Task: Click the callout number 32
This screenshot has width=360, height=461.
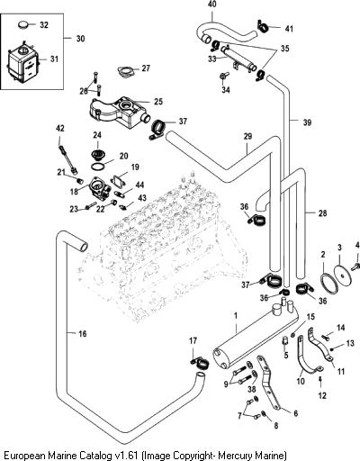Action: [44, 25]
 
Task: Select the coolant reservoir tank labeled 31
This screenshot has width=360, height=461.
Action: [22, 64]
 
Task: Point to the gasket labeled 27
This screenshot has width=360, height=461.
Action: [126, 72]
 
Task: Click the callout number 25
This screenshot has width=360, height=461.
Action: [158, 102]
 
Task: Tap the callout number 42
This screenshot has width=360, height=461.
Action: [60, 129]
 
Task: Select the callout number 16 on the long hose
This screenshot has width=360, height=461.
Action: [82, 333]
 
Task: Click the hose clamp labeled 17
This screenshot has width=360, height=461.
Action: [201, 363]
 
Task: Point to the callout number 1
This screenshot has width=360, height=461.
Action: [236, 316]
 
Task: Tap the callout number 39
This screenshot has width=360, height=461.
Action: [307, 122]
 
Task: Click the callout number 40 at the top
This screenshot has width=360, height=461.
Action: [212, 5]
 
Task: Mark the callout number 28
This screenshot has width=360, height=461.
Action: [322, 213]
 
